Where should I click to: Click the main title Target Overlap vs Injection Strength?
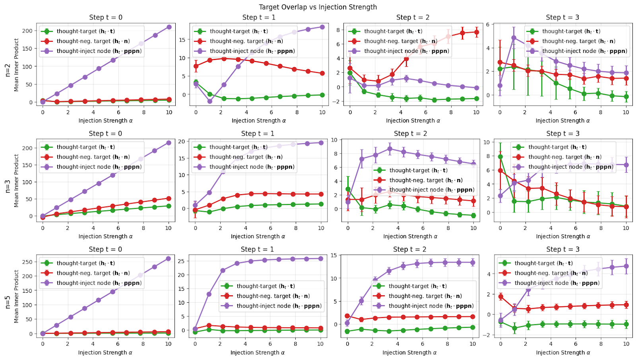(318, 7)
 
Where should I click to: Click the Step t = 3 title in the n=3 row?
(562, 134)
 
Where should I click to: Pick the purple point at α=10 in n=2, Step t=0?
(169, 27)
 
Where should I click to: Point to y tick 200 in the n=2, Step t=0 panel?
(27, 31)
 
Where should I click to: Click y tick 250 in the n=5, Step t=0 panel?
(27, 262)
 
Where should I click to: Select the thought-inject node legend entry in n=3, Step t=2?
(431, 190)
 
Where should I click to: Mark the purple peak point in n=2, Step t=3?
(514, 38)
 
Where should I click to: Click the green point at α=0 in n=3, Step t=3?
(500, 157)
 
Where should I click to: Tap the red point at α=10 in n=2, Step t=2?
(476, 33)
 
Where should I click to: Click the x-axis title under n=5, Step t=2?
(409, 352)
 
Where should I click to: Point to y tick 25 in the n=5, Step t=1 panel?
(181, 261)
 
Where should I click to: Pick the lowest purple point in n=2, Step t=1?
(210, 101)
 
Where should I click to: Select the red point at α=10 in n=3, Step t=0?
(169, 198)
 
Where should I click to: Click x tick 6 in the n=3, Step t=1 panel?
(270, 228)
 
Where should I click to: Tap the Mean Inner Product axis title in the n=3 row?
(16, 181)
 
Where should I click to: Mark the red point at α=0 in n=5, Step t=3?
(501, 296)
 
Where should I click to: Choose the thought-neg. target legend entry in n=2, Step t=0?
(93, 41)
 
